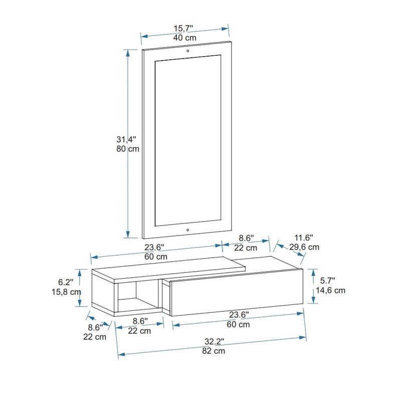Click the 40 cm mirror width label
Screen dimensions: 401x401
(x=184, y=38)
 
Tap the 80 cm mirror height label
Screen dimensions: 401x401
(x=127, y=149)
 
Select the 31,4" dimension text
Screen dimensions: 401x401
(x=127, y=139)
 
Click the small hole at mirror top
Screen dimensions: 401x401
(x=187, y=51)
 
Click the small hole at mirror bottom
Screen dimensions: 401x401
(x=187, y=231)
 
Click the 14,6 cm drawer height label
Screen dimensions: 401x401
(x=331, y=290)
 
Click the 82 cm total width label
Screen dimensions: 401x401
(x=214, y=351)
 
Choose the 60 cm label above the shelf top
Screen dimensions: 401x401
(x=155, y=256)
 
